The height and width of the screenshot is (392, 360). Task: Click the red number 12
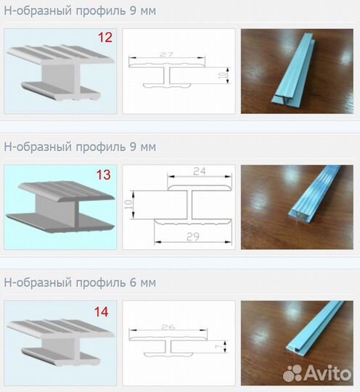tap(105, 38)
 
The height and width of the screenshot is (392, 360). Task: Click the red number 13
tap(103, 175)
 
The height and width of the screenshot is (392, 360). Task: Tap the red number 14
tap(102, 312)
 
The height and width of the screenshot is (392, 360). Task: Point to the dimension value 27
tap(166, 54)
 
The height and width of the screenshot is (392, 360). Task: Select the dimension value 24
tap(200, 171)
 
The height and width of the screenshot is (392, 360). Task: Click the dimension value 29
tap(193, 237)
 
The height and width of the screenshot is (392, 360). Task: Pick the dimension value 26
tap(168, 327)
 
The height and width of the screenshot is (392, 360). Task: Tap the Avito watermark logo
tap(317, 373)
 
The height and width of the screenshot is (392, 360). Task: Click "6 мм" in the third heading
tap(143, 282)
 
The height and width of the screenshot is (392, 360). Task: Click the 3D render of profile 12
tap(60, 73)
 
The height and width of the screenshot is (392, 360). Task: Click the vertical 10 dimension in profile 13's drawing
tap(128, 205)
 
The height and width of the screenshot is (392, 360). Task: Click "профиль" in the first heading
tap(100, 11)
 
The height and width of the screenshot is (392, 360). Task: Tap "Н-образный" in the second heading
tap(38, 147)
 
